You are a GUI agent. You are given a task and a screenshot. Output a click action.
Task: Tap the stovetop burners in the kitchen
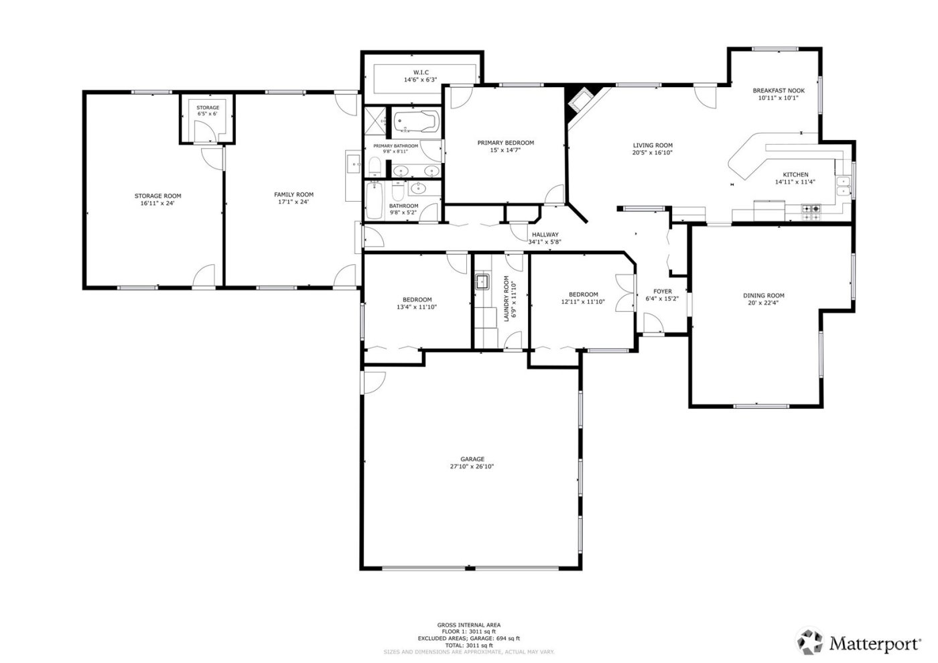click(811, 209)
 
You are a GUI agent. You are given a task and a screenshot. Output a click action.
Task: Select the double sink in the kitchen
click(844, 186)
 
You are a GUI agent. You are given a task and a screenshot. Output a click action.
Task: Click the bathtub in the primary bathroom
click(414, 122)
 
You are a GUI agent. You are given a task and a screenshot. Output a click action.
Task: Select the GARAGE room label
click(472, 459)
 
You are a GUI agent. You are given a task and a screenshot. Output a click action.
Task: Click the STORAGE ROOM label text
click(157, 196)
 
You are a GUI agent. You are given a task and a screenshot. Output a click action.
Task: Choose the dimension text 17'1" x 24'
click(293, 202)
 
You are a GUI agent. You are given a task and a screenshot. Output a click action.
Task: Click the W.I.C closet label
click(420, 72)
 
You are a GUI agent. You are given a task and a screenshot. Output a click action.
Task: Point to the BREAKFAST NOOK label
click(778, 91)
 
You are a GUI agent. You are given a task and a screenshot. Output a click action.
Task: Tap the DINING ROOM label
click(763, 295)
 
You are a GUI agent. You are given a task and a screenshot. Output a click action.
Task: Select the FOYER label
click(662, 292)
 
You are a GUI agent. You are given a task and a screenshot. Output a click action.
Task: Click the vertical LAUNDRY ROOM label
click(507, 299)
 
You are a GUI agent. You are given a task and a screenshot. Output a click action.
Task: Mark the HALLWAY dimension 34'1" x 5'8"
click(544, 242)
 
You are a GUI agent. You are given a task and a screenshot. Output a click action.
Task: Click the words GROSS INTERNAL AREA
click(468, 625)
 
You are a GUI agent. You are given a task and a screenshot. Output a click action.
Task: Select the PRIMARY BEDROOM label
click(505, 143)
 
